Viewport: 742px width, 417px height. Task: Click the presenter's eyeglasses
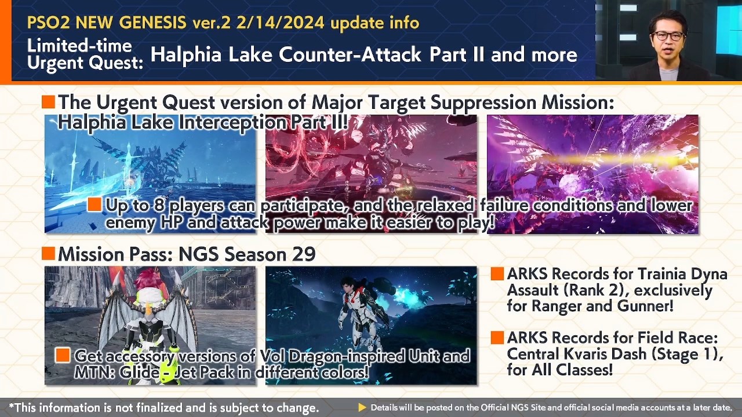tap(669, 35)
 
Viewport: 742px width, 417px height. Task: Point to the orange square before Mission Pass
tap(48, 253)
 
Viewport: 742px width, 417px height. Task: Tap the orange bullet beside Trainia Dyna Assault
tap(497, 274)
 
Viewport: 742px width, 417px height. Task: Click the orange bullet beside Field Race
tap(497, 338)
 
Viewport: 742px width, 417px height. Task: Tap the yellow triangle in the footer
tap(362, 408)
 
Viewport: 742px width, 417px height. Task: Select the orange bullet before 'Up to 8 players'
tap(94, 204)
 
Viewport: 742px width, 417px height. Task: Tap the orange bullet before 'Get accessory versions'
tap(63, 355)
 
